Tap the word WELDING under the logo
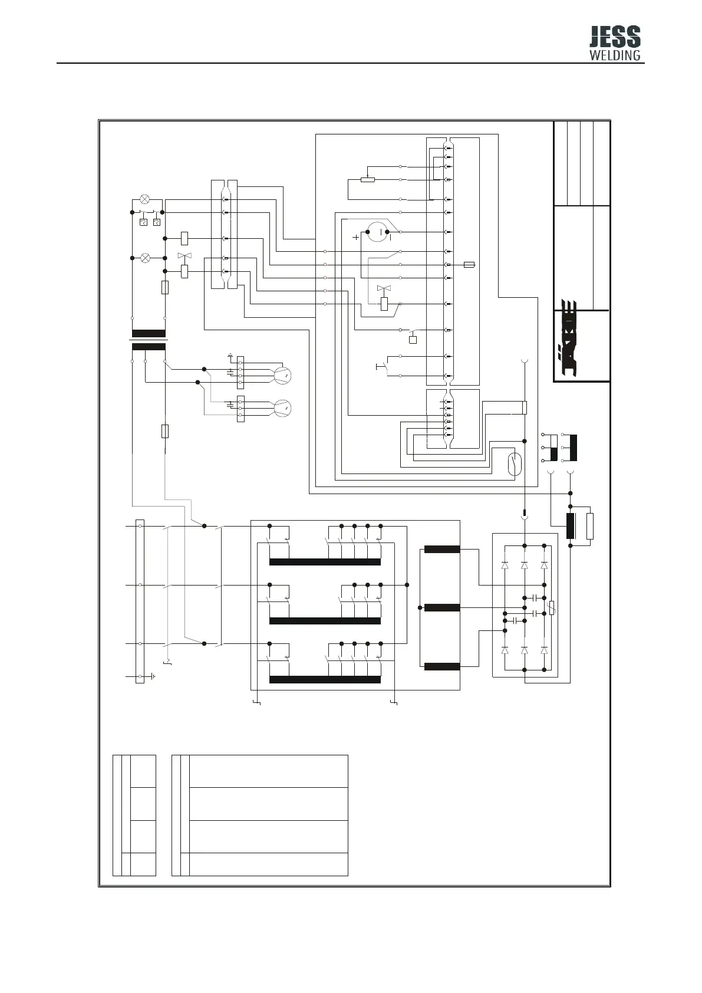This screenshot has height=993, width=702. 615,55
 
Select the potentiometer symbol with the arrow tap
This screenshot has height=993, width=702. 368,179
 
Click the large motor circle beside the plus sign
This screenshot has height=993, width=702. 377,232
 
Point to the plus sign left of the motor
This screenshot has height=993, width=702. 355,237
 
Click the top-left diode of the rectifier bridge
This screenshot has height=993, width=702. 505,565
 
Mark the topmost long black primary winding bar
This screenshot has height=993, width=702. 325,562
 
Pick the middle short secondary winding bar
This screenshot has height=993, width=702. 441,607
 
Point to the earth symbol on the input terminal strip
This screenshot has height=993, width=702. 153,676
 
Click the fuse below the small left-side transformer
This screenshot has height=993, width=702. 165,431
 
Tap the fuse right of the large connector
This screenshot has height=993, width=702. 469,265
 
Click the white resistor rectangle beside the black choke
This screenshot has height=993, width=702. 590,526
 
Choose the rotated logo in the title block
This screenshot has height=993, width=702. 566,341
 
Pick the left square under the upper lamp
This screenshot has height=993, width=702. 143,222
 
